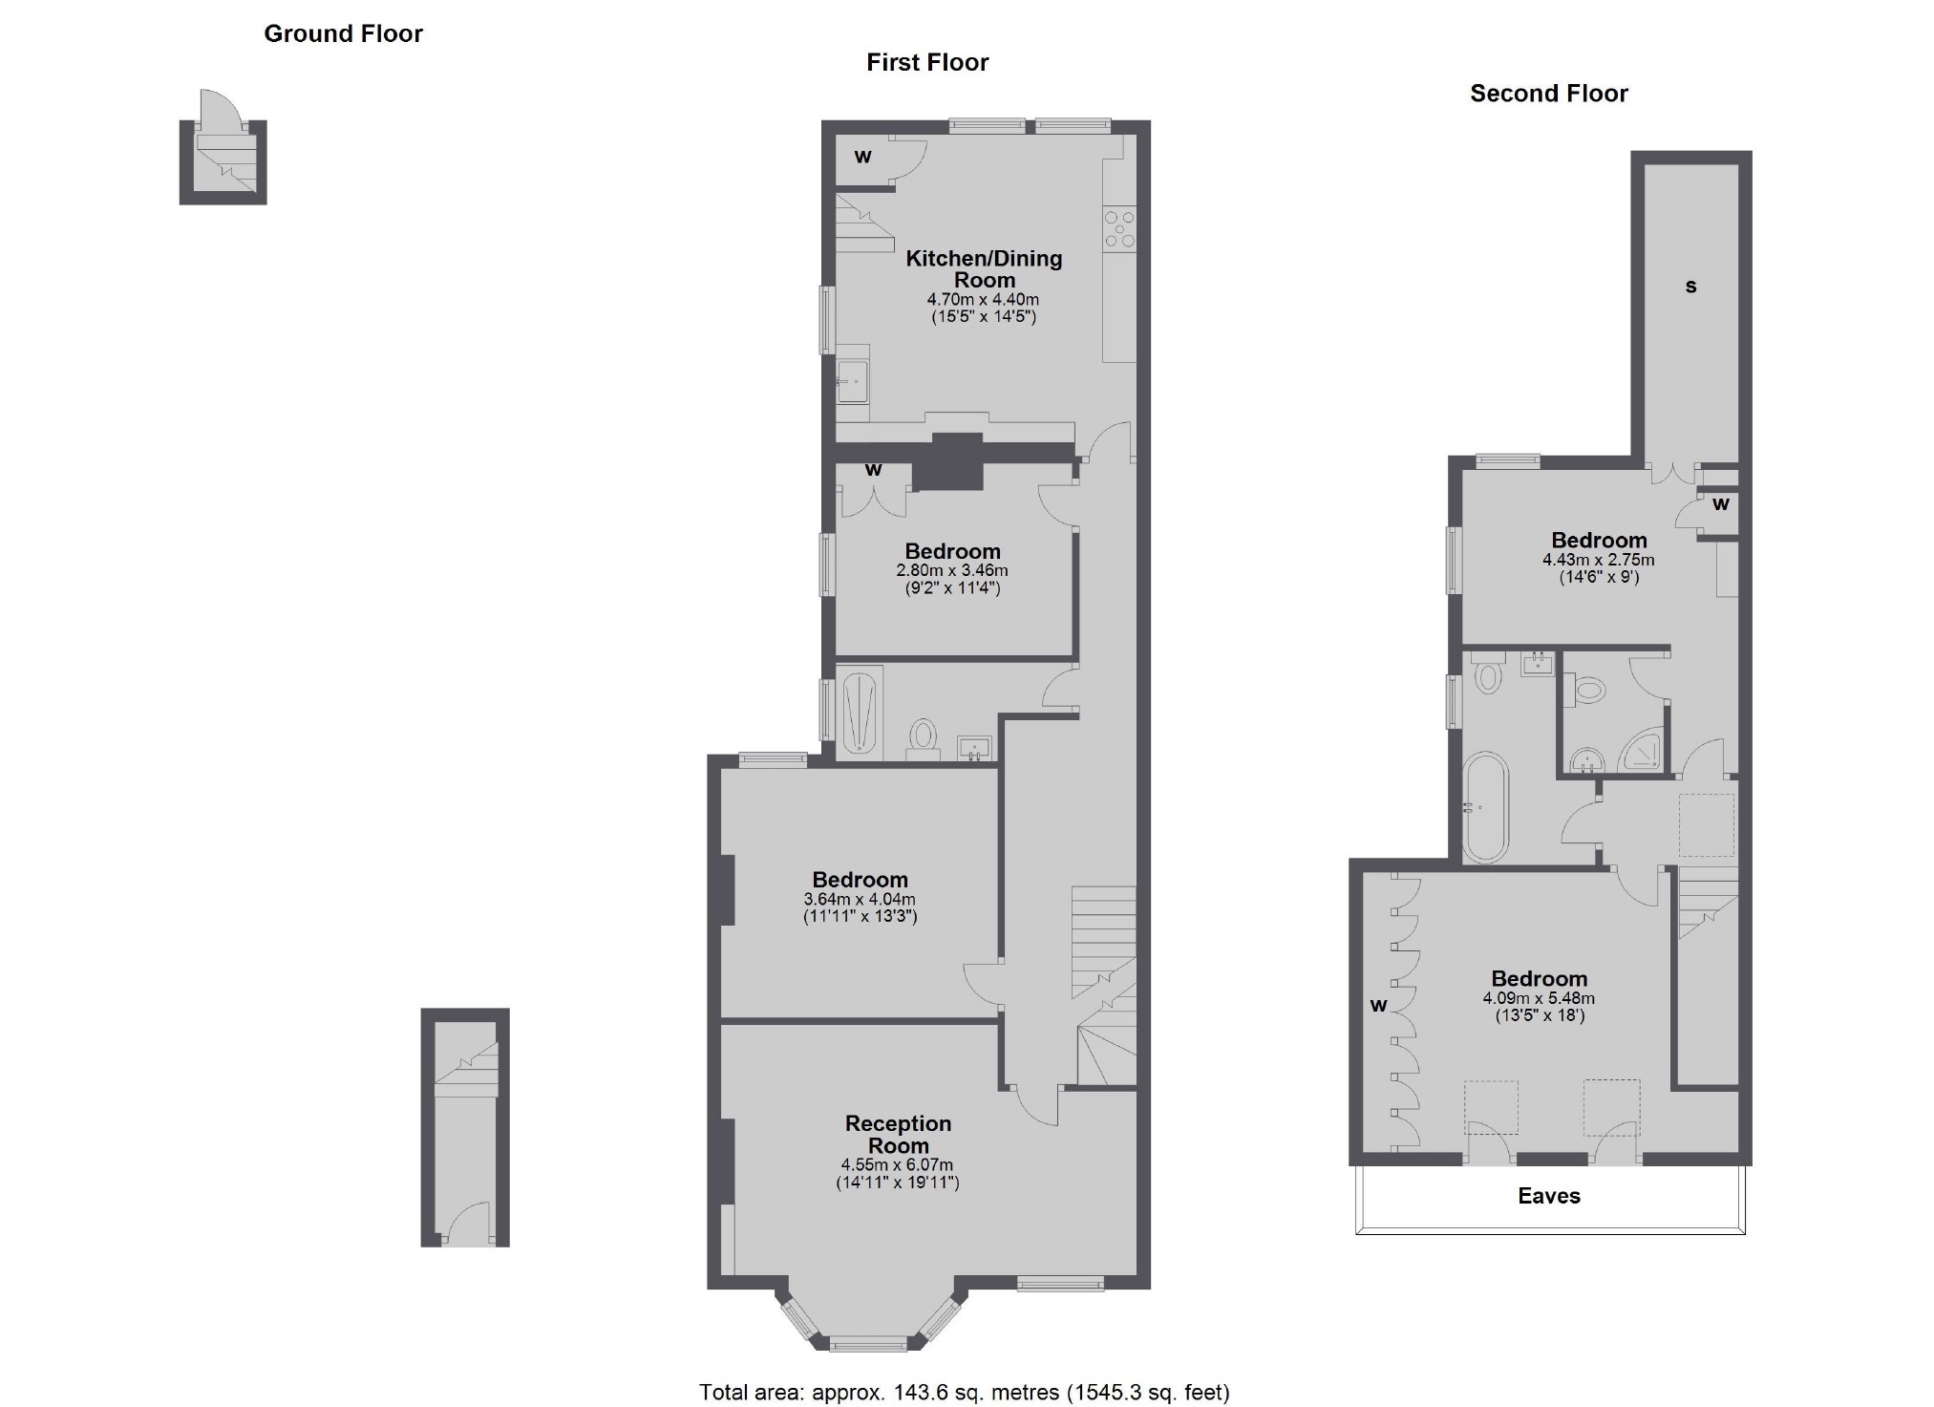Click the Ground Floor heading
343,33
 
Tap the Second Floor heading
1548,94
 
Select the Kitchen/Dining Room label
984,268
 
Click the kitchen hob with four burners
1119,229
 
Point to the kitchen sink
853,383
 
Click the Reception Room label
898,1134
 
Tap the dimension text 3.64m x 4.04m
860,899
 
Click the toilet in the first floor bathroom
923,737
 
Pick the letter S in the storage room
1690,287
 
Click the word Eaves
1548,1196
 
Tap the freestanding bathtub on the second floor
1485,807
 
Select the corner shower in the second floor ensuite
1645,754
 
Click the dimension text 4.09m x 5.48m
1539,998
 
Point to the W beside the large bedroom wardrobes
1377,1005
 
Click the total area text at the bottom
964,1392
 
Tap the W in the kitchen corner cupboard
862,157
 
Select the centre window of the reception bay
867,1344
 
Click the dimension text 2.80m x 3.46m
951,570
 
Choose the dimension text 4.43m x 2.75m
1598,560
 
